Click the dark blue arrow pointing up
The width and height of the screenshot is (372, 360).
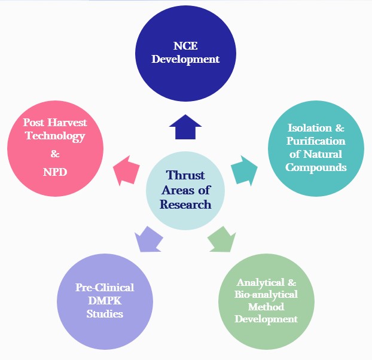(185, 127)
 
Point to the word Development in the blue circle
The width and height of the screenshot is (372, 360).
(186, 59)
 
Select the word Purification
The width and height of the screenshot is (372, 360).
(316, 141)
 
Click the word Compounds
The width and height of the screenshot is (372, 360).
(316, 167)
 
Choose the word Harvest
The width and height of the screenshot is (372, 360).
(67, 123)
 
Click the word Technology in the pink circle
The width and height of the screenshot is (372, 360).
(55, 136)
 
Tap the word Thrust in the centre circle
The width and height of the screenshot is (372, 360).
(185, 176)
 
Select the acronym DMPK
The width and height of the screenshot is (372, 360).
(95, 300)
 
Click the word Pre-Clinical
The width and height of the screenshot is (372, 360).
(95, 287)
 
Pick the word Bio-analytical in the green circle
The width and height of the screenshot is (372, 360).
(266, 294)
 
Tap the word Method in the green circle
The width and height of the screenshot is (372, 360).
(266, 307)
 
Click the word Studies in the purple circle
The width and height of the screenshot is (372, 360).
(95, 313)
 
